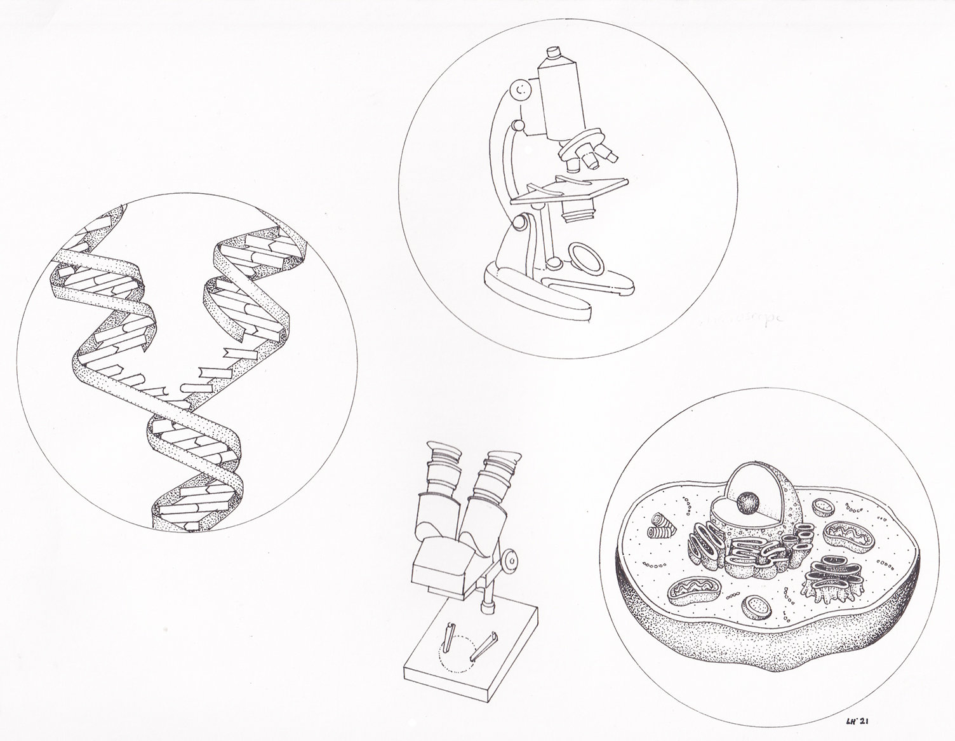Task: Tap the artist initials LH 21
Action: click(861, 721)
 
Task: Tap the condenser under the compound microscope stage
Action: click(578, 209)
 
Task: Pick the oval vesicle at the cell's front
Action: click(754, 608)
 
